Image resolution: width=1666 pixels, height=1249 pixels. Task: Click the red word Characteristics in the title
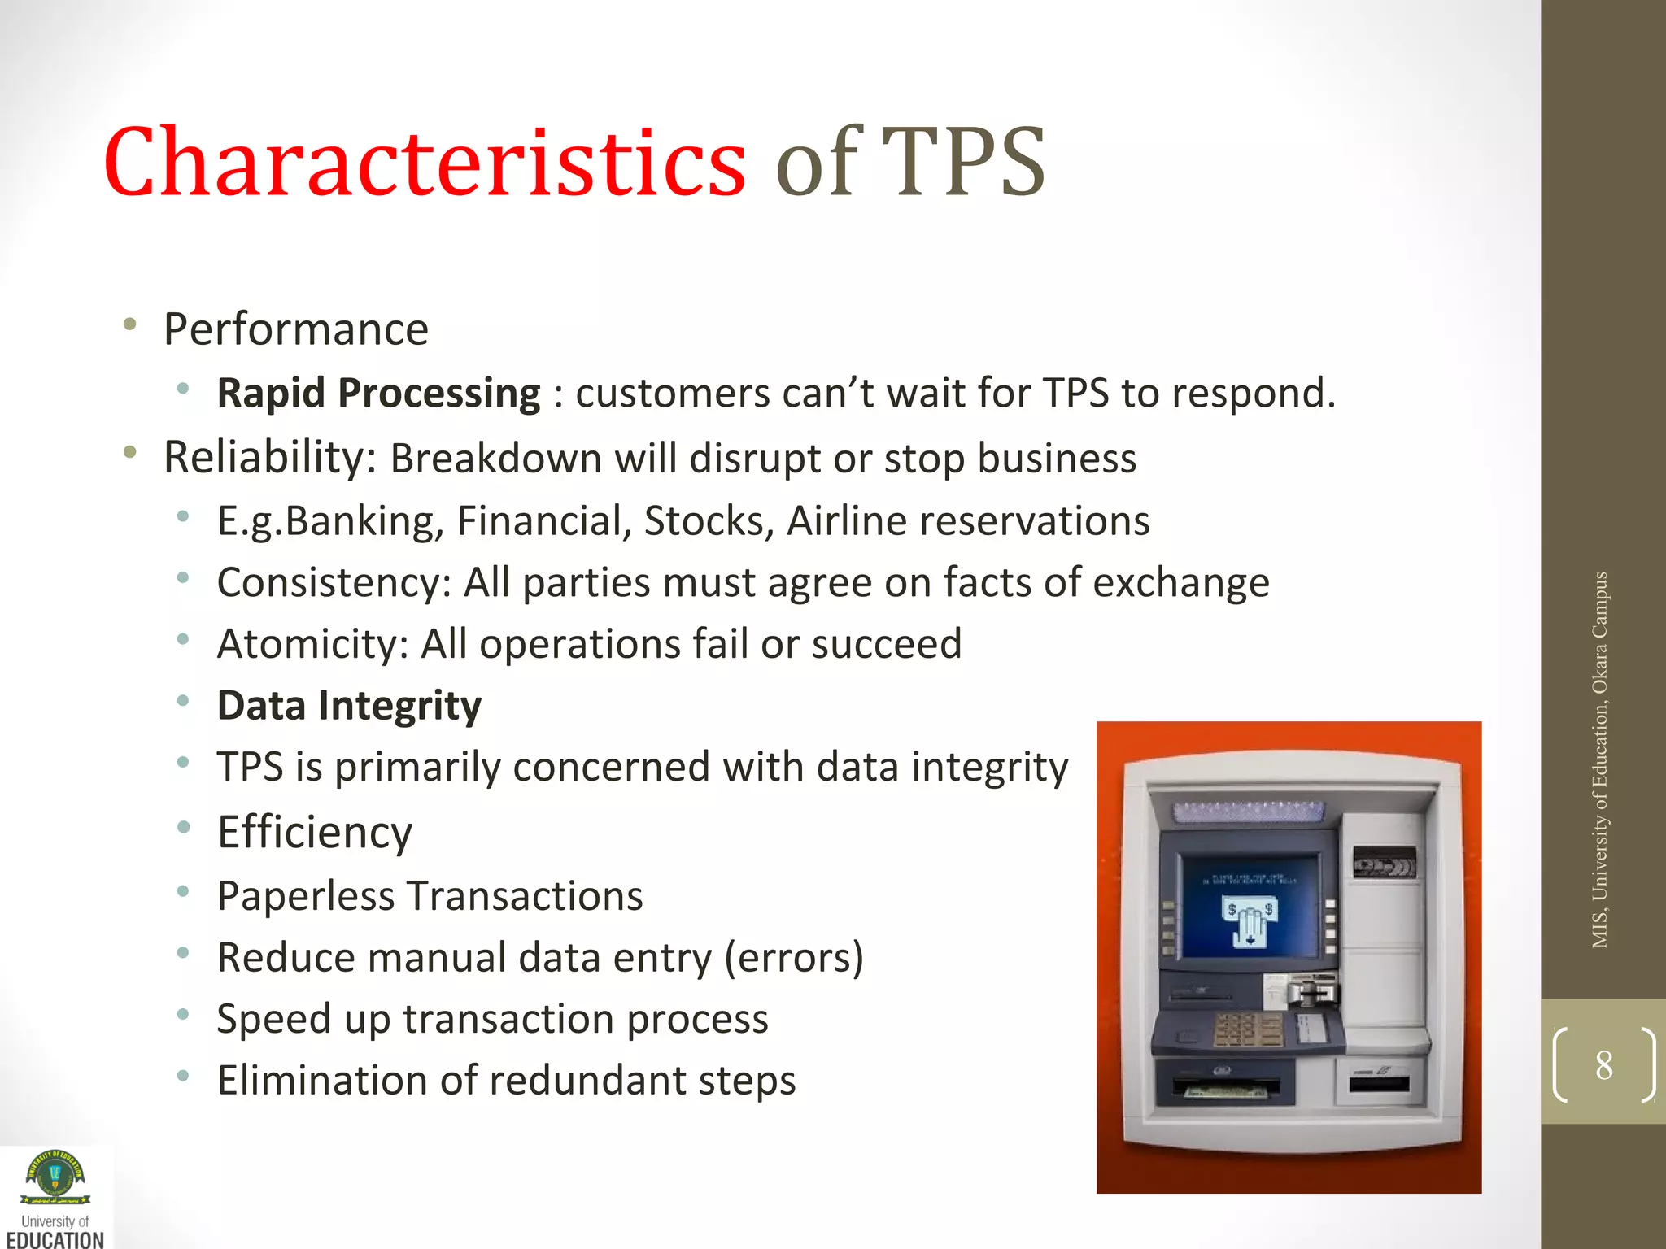tap(424, 162)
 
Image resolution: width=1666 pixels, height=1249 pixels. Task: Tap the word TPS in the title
tap(963, 162)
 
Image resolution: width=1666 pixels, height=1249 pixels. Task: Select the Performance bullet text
tap(296, 329)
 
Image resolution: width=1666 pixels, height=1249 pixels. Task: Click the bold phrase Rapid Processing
tap(378, 394)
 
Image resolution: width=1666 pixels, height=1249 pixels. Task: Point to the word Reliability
tap(265, 457)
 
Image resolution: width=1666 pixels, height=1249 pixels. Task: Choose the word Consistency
tap(329, 583)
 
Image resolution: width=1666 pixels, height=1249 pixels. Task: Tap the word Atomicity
tap(307, 644)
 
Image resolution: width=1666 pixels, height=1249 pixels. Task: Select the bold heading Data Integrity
tap(349, 705)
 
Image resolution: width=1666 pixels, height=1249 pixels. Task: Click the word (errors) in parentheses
tap(793, 958)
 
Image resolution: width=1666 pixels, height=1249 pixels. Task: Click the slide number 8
tap(1603, 1065)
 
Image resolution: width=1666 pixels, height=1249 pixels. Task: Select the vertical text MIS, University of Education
tap(1599, 759)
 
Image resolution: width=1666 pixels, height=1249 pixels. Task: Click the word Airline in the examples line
tap(846, 521)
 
